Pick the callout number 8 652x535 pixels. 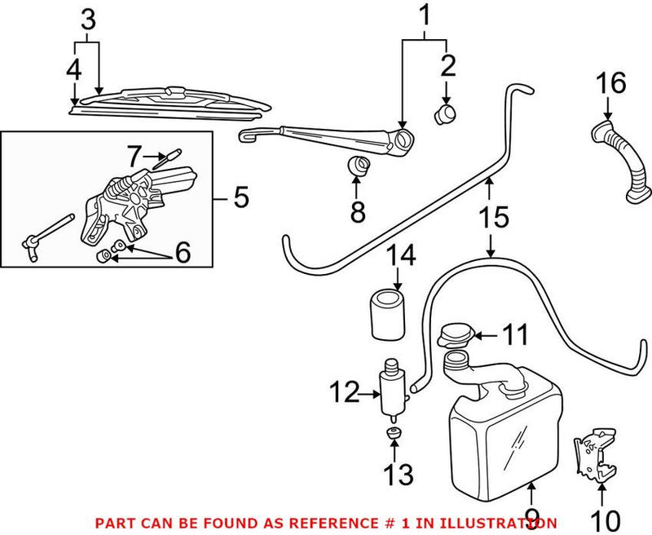coord(358,212)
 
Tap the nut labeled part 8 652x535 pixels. coord(357,166)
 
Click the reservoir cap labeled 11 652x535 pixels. coord(455,335)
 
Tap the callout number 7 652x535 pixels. coord(135,153)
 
